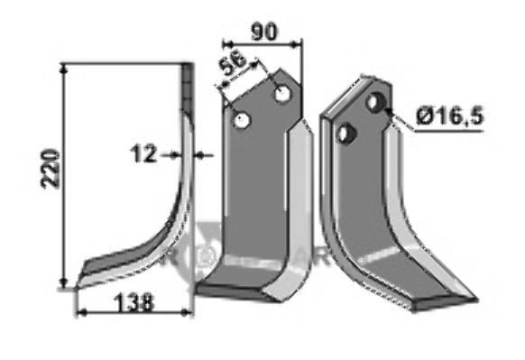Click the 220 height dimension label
coord(50,170)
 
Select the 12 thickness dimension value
coord(143,153)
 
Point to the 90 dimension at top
coord(264,32)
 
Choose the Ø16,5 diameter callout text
coord(450,116)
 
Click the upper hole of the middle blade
coord(283,94)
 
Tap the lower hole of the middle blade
coord(242,120)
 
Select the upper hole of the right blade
coord(375,102)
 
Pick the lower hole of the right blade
coord(346,133)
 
